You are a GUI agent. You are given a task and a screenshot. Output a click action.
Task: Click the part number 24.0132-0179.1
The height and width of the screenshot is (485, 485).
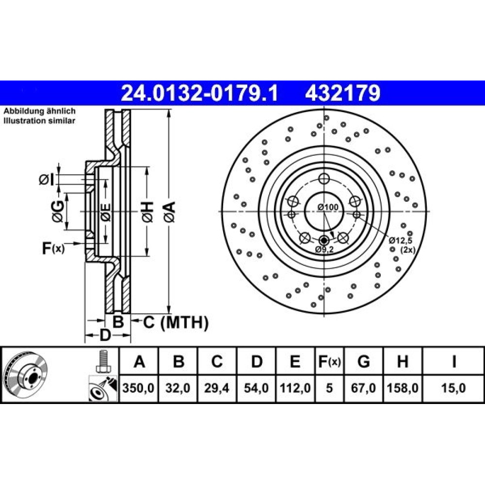(199, 93)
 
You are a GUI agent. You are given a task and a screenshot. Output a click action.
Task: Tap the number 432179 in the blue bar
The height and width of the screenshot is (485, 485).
(343, 93)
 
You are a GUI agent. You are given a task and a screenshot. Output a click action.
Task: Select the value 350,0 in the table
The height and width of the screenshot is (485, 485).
(138, 388)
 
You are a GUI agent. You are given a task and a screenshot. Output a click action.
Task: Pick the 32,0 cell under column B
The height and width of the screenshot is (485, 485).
(178, 388)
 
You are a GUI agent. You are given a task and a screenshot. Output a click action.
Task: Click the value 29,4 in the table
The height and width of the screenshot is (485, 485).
(216, 388)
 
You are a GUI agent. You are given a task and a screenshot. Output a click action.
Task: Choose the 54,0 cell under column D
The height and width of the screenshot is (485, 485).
(256, 388)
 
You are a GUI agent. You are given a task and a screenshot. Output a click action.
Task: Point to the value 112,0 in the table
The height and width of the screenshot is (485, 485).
(295, 388)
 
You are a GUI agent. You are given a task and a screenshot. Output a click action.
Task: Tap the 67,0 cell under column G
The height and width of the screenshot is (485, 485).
(363, 388)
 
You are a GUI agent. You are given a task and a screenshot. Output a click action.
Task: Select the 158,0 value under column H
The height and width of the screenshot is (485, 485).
(403, 388)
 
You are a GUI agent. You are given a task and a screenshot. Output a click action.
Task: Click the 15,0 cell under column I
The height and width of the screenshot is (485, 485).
(453, 388)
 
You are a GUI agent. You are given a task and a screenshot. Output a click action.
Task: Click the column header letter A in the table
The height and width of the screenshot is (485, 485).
(139, 361)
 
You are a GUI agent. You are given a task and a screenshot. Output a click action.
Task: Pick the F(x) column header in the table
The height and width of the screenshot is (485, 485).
(329, 361)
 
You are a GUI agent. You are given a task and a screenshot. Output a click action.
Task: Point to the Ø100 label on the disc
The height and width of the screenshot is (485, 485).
(328, 207)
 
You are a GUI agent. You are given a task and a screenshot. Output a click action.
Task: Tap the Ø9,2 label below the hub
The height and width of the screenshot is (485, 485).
(324, 249)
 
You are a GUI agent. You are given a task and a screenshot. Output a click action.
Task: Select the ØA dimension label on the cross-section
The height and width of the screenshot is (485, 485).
(170, 212)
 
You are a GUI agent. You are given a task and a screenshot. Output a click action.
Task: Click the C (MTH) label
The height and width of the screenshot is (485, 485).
(176, 323)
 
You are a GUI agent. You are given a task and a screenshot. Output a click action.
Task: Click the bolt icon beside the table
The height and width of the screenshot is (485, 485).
(103, 361)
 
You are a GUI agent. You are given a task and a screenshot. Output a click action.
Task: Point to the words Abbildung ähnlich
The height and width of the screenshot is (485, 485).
(40, 111)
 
